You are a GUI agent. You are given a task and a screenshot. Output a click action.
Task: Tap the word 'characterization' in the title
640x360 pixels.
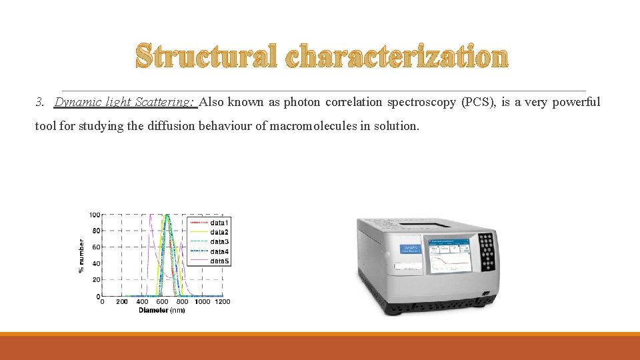(x=397, y=57)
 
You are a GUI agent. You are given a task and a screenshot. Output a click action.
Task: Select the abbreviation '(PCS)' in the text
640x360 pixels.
(x=479, y=102)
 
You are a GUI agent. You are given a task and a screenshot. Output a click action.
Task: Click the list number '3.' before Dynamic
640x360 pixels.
(x=41, y=102)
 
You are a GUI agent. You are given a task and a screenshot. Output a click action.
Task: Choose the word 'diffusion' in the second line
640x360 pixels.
(x=174, y=126)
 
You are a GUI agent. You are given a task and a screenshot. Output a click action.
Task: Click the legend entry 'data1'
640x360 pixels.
(x=219, y=222)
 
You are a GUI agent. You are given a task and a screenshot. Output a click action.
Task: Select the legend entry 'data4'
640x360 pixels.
(x=219, y=251)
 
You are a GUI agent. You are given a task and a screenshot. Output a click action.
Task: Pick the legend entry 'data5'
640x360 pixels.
(x=219, y=261)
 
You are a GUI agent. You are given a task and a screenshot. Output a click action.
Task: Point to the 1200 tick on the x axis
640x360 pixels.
(x=223, y=302)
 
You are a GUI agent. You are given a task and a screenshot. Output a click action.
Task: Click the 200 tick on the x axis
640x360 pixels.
(x=122, y=302)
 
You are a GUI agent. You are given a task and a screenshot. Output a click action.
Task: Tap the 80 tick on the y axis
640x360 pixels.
(x=95, y=231)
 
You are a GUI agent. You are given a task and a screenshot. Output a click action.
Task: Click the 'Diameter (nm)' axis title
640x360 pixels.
(x=161, y=311)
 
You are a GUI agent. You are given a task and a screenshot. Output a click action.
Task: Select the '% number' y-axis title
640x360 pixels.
(x=81, y=255)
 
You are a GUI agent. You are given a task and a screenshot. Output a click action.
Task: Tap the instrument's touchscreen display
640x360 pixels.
(x=449, y=254)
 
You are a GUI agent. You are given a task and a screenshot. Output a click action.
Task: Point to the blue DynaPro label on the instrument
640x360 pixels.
(x=409, y=249)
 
